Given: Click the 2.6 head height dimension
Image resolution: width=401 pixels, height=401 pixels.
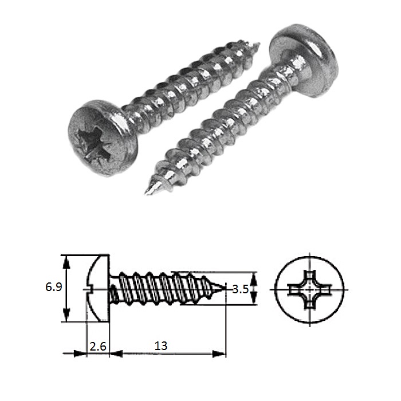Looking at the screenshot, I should pos(97,346).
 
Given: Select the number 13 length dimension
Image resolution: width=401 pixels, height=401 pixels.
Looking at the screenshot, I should pos(161,346).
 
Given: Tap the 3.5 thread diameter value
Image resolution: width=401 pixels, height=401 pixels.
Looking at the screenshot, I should pos(240,290).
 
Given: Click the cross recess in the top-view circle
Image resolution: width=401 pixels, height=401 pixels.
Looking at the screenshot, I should pos(310,289).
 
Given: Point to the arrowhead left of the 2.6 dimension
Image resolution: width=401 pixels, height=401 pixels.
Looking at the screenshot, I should pos(80,353).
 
